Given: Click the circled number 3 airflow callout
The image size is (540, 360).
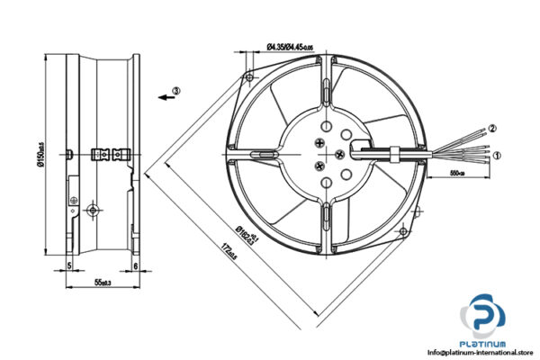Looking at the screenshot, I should point(176,92).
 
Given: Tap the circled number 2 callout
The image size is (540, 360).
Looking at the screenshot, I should point(492,129).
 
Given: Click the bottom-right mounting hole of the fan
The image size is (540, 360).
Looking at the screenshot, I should point(417,211).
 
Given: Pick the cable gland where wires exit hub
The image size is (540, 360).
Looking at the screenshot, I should point(393,150).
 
